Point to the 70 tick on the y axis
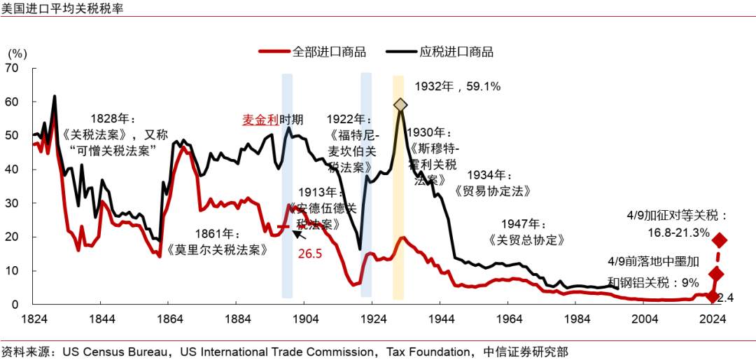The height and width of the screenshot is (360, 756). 12,68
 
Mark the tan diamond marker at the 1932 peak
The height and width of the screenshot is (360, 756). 400,104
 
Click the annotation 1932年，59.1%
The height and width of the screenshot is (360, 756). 457,87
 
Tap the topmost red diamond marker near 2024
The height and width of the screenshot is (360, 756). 720,240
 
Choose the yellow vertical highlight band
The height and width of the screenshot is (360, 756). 398,189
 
